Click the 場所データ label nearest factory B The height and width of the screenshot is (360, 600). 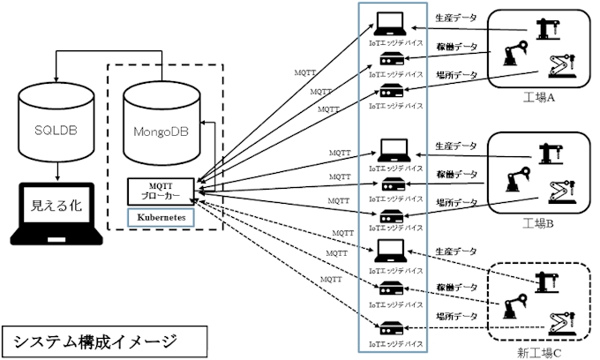click(457, 202)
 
